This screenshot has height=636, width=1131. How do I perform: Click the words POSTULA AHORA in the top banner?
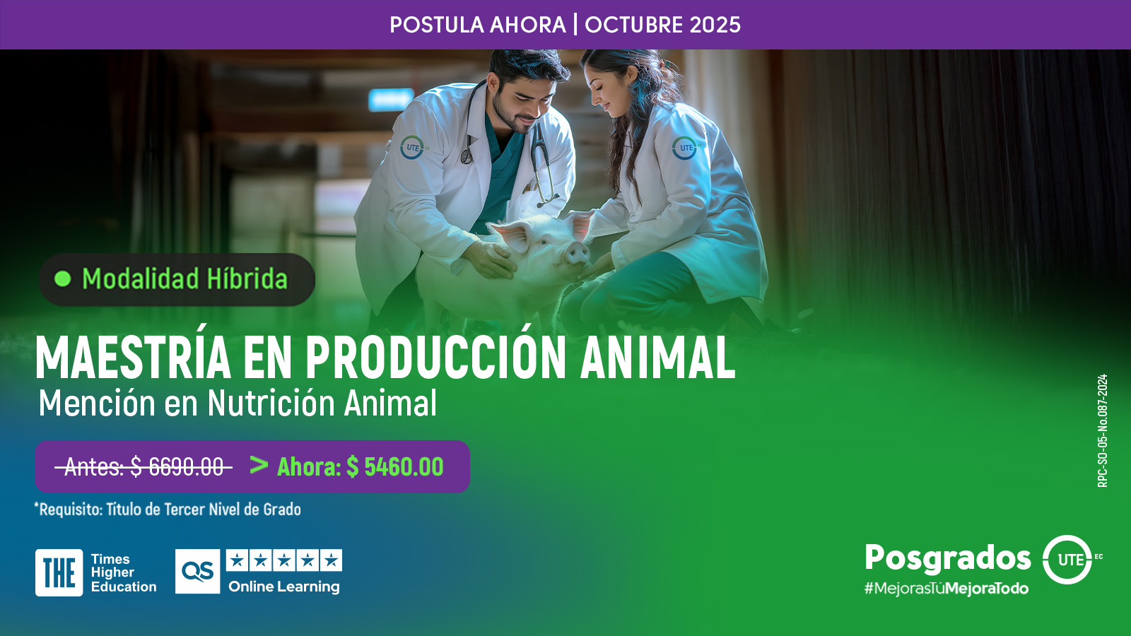[x=478, y=25]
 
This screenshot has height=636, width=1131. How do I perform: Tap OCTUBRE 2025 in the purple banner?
[x=662, y=25]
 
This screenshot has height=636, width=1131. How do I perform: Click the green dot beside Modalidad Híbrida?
[x=63, y=279]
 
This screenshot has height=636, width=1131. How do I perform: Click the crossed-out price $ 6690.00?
[x=177, y=467]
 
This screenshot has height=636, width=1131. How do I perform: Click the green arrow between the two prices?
[x=259, y=465]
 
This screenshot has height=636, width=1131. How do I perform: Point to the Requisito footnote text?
[x=168, y=510]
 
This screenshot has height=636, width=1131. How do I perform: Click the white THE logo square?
[x=59, y=572]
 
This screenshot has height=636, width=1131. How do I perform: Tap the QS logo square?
[x=197, y=572]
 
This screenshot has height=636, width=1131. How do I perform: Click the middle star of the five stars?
[x=284, y=560]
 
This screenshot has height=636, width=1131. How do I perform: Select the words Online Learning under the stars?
[x=283, y=587]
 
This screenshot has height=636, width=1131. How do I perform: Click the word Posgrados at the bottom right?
[x=948, y=558]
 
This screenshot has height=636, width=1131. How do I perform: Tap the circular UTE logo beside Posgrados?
[x=1067, y=559]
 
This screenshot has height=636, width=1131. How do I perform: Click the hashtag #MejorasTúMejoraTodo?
[x=947, y=589]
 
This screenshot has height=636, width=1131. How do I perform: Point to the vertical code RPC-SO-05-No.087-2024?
[x=1103, y=430]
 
